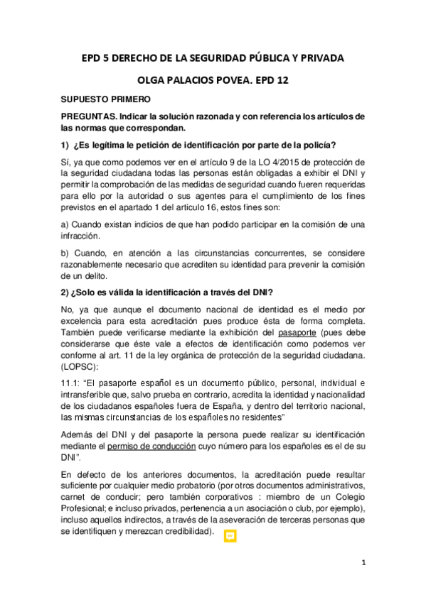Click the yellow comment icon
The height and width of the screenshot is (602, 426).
coord(230,537)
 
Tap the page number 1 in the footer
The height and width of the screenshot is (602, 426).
coord(363,563)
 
